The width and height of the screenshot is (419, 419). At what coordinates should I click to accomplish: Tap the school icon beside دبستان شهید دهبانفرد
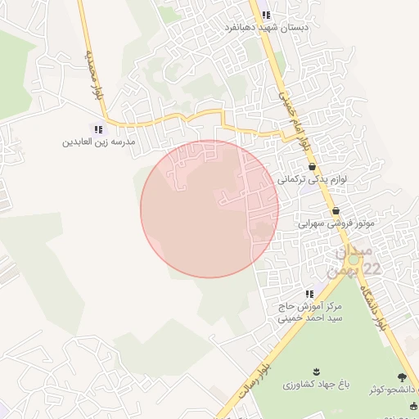pos(267,15)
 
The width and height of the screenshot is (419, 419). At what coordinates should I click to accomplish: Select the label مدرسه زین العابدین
pos(99,142)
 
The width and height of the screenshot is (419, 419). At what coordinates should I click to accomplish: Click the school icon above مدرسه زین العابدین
pos(99,128)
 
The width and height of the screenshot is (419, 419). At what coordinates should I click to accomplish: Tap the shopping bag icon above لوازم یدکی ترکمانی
pos(313,166)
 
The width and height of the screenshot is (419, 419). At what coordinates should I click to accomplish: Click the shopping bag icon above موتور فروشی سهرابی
pos(336,210)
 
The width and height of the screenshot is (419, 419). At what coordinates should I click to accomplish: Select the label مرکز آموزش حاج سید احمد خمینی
pos(309,312)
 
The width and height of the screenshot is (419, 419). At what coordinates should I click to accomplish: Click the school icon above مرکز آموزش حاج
pos(309,294)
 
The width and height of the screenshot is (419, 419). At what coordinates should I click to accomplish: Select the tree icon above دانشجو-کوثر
pos(401,377)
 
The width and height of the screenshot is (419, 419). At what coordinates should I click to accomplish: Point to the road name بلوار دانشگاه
pos(378,302)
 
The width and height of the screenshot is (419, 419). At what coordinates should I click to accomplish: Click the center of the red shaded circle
pos(209,209)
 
